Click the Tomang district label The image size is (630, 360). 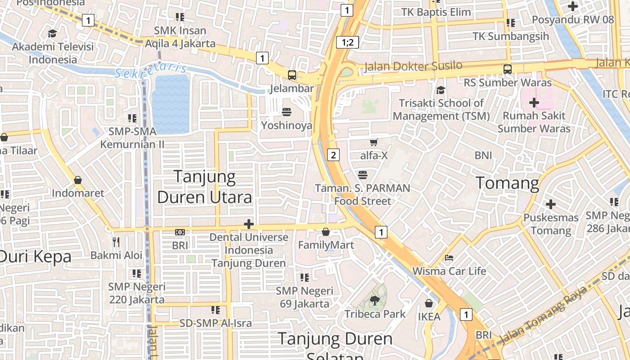pyautogui.click(x=507, y=183)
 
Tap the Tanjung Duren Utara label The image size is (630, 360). pyautogui.click(x=204, y=187)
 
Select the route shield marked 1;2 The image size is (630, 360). pyautogui.click(x=347, y=43)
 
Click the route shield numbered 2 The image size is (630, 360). pyautogui.click(x=333, y=155)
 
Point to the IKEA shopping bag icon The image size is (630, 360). pyautogui.click(x=429, y=303)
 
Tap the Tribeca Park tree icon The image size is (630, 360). pyautogui.click(x=374, y=300)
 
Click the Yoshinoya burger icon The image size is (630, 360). pyautogui.click(x=287, y=112)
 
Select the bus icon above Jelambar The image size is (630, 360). pyautogui.click(x=292, y=75)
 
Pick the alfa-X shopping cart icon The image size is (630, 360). pyautogui.click(x=373, y=143)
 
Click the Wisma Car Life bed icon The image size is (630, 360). pyautogui.click(x=449, y=258)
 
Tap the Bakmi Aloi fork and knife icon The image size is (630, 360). pyautogui.click(x=116, y=242)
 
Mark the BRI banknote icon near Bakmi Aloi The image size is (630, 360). pyautogui.click(x=180, y=232)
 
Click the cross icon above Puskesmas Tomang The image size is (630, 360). pyautogui.click(x=550, y=204)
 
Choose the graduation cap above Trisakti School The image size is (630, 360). pyautogui.click(x=441, y=90)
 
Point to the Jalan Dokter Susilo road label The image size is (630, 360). pyautogui.click(x=413, y=66)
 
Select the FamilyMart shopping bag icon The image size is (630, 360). pyautogui.click(x=326, y=232)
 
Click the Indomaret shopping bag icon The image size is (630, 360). pyautogui.click(x=78, y=180)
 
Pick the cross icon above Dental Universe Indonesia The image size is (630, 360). pyautogui.click(x=248, y=224)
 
